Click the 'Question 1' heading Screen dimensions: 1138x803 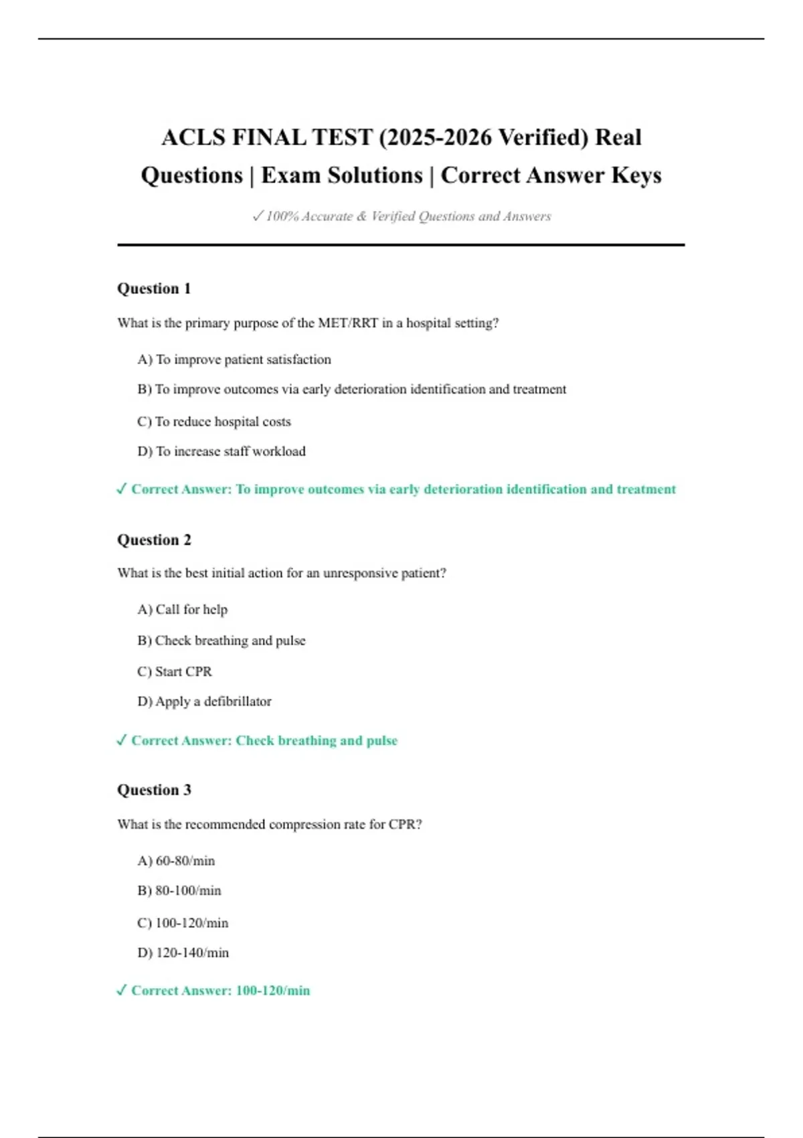tap(154, 289)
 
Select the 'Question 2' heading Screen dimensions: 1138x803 tap(154, 540)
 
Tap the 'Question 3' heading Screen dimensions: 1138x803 tap(154, 790)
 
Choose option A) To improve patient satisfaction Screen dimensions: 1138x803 tap(234, 359)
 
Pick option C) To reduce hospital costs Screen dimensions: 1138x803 tap(214, 422)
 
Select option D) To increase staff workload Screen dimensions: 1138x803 tap(221, 451)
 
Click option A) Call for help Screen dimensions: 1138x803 tap(183, 609)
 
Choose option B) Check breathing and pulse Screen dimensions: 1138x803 tap(221, 641)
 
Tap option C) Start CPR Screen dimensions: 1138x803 tap(175, 671)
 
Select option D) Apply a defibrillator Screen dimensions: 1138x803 tap(205, 702)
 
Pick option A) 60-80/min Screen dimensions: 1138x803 tap(176, 861)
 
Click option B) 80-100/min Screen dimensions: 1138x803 tap(179, 890)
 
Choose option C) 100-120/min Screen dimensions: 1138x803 tap(183, 923)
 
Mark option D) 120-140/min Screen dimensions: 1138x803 tap(183, 953)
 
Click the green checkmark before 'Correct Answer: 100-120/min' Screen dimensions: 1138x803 tap(121, 990)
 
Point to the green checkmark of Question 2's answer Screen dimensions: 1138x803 tap(121, 740)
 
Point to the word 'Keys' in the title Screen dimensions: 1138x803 tap(636, 175)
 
